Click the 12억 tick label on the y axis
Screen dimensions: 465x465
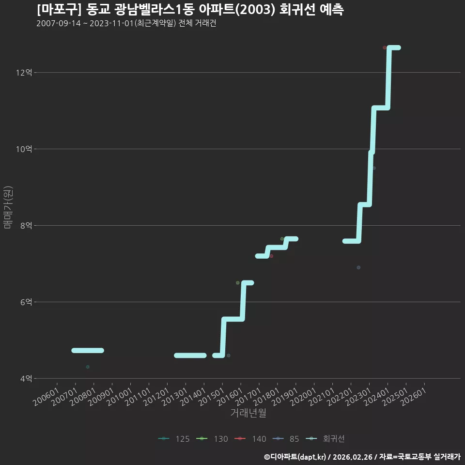coord(24,72)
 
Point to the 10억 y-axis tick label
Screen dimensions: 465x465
coord(24,149)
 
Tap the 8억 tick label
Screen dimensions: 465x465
coord(26,225)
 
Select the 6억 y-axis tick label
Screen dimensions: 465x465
coord(26,302)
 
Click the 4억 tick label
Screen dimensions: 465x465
coord(26,378)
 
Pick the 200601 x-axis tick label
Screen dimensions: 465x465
coord(46,397)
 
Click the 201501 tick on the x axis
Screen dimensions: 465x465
coord(212,397)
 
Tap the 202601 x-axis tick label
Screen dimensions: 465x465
coord(414,397)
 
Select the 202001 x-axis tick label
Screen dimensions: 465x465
coord(303,397)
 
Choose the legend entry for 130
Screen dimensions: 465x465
coord(212,439)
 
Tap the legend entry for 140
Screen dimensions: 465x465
coord(250,439)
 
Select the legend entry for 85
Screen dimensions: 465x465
coord(286,439)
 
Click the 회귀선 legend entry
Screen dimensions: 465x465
coord(325,439)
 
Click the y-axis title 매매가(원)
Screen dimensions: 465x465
coord(8,207)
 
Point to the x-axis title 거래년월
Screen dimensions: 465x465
coord(248,413)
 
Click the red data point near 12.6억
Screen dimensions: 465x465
coord(385,48)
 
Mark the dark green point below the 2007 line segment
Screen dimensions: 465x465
coord(88,367)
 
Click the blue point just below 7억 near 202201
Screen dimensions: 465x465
coord(358,267)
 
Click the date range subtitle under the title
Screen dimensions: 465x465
coord(126,23)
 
